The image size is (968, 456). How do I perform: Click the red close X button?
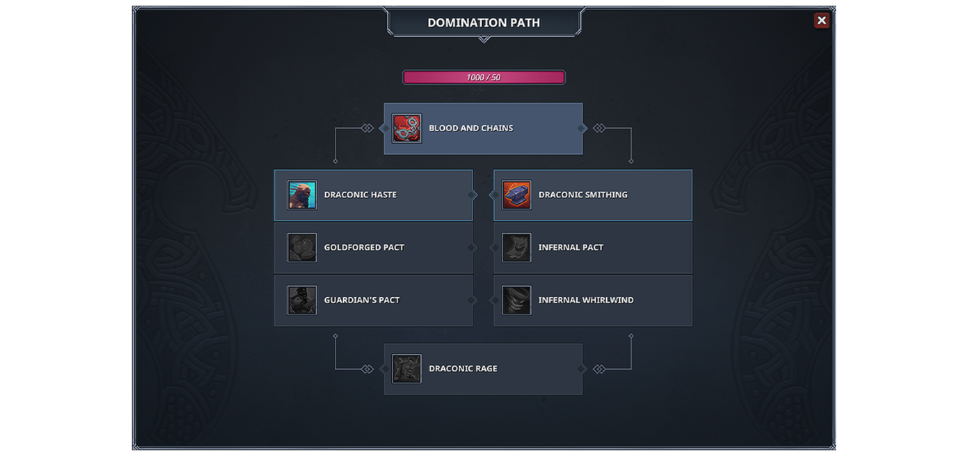pyautogui.click(x=822, y=20)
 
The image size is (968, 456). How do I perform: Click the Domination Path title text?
pyautogui.click(x=483, y=22)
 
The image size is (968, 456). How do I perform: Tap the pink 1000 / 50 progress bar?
pyautogui.click(x=483, y=77)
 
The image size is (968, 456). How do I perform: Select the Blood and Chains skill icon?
pyautogui.click(x=407, y=128)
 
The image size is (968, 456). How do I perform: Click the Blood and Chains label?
pyautogui.click(x=471, y=128)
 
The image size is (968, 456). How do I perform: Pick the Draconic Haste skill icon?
pyautogui.click(x=302, y=195)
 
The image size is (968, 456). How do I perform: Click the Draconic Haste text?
pyautogui.click(x=361, y=195)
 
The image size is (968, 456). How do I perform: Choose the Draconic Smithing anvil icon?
pyautogui.click(x=516, y=195)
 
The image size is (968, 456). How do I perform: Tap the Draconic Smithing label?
pyautogui.click(x=583, y=195)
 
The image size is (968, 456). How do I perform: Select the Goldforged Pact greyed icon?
pyautogui.click(x=302, y=247)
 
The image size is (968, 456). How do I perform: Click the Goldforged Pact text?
pyautogui.click(x=364, y=247)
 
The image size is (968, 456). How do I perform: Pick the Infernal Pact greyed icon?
pyautogui.click(x=516, y=247)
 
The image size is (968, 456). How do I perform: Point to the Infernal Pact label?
pyautogui.click(x=571, y=247)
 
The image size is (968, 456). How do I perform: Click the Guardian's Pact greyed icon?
pyautogui.click(x=302, y=300)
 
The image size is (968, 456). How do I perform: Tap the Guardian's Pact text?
pyautogui.click(x=361, y=300)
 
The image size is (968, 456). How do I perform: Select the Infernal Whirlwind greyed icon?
pyautogui.click(x=516, y=300)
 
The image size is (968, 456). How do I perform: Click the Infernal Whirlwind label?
pyautogui.click(x=586, y=300)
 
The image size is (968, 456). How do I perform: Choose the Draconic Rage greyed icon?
pyautogui.click(x=407, y=369)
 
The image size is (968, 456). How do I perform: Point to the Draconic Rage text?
pyautogui.click(x=462, y=369)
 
